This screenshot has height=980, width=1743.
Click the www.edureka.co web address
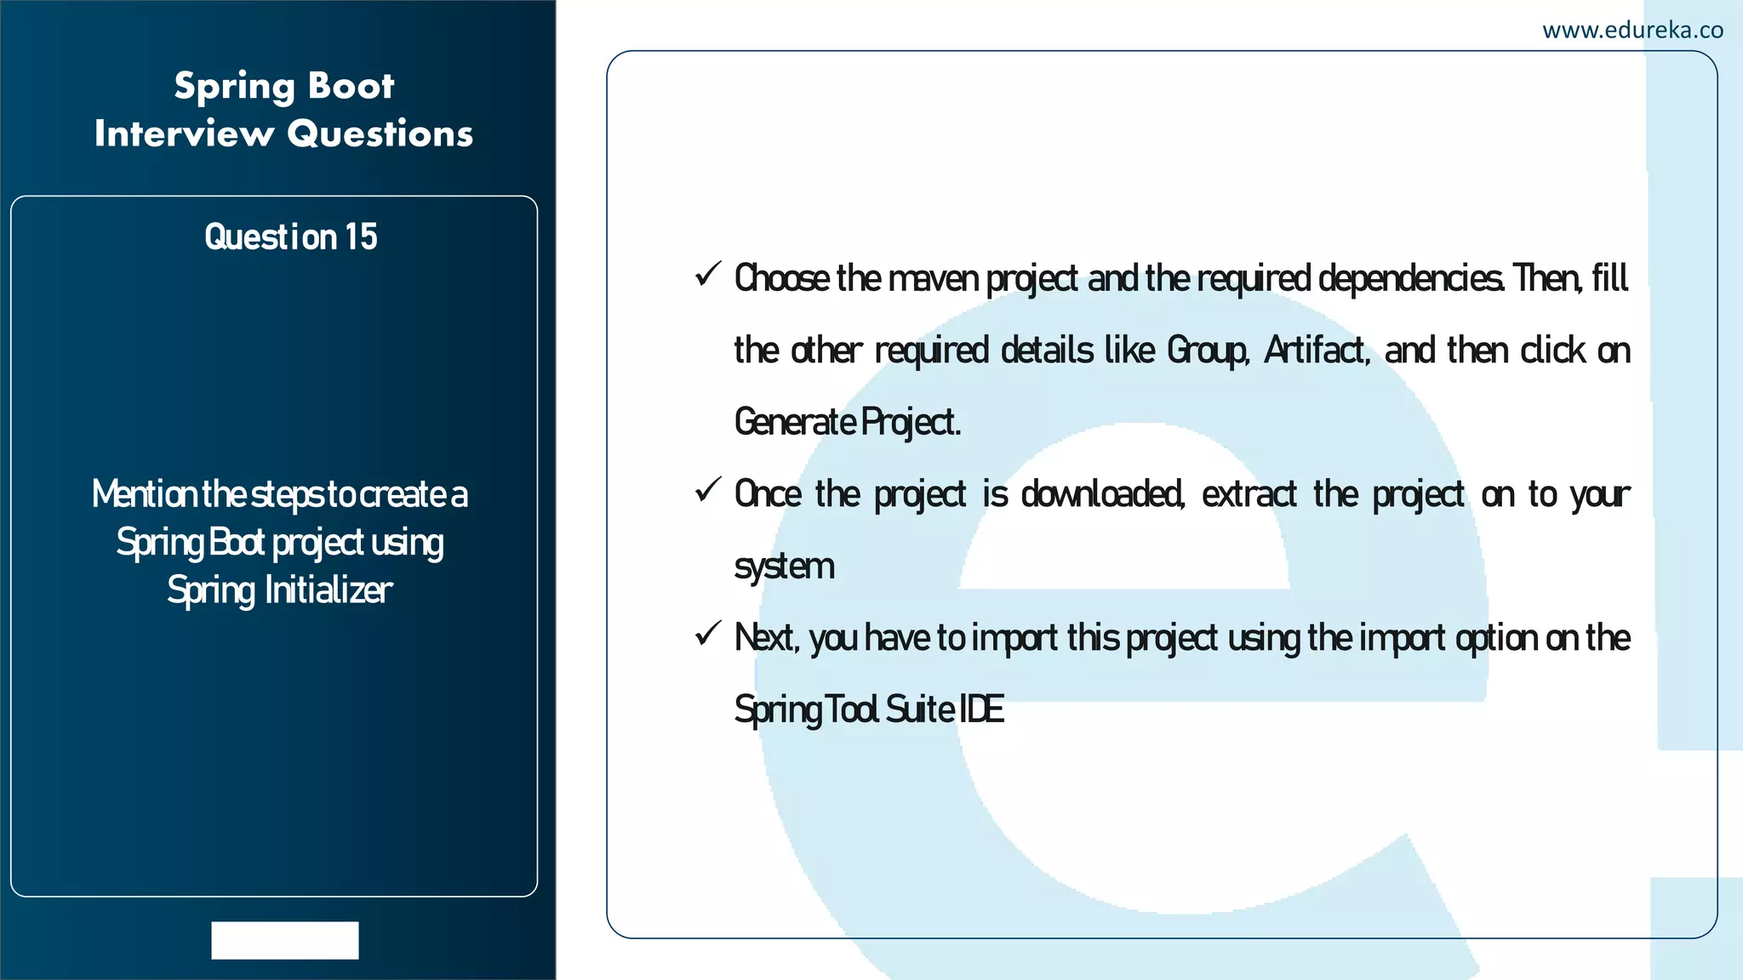pyautogui.click(x=1632, y=31)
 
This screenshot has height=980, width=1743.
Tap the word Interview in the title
pyautogui.click(x=184, y=134)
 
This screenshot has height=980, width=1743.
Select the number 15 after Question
pyautogui.click(x=361, y=237)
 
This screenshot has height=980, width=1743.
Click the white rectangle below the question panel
pyautogui.click(x=285, y=940)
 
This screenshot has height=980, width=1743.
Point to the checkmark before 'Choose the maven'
pyautogui.click(x=708, y=274)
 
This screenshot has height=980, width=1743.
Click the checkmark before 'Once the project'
pyautogui.click(x=708, y=490)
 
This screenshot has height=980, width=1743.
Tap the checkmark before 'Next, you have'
pyautogui.click(x=708, y=634)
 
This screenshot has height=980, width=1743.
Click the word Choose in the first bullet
pyautogui.click(x=781, y=279)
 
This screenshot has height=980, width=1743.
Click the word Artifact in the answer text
pyautogui.click(x=1316, y=350)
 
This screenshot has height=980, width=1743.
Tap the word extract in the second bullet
pyautogui.click(x=1249, y=494)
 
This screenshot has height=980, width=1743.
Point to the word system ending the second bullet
pyautogui.click(x=784, y=567)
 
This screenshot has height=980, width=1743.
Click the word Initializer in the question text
pyautogui.click(x=329, y=590)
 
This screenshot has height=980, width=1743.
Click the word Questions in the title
pyautogui.click(x=380, y=134)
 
